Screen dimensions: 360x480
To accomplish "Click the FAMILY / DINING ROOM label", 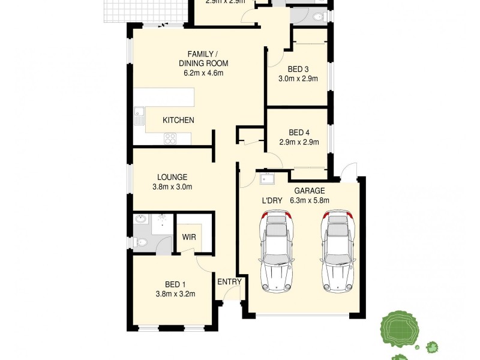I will point(203,58).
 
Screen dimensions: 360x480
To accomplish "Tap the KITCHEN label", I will point(178,121).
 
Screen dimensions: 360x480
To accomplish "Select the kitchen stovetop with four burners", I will point(170,139).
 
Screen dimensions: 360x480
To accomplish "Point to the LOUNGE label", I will point(172,178).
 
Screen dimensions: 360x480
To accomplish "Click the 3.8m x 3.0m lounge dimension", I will point(172,187).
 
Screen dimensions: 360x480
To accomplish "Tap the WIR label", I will point(189,238).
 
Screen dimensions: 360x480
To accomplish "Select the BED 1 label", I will point(175,284).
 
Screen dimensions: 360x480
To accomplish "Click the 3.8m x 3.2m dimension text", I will point(175,294).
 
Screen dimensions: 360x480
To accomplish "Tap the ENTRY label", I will point(229,282).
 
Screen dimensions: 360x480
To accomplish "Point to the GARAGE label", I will point(310,191).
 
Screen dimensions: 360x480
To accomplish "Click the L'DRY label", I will point(271,201).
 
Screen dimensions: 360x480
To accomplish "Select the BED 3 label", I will point(298,68).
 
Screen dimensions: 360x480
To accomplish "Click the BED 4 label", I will point(298,133).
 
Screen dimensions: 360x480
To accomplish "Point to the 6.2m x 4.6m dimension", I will point(203,74).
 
